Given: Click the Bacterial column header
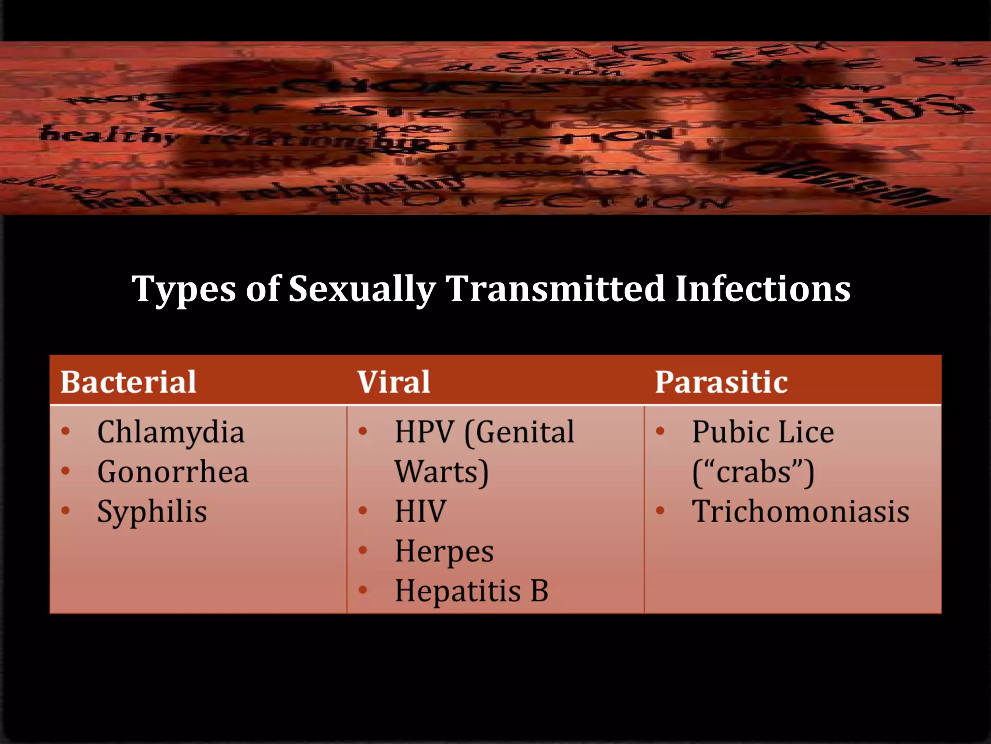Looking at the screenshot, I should click(128, 382).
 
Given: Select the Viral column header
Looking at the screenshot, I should click(393, 382).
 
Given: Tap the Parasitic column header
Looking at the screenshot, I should click(721, 382).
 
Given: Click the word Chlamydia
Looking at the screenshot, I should click(171, 432).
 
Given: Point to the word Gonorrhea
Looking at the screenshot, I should click(173, 472).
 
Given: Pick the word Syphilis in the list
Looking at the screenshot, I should click(152, 512).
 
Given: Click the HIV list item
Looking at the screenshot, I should click(420, 511).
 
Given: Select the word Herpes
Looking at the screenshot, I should click(444, 551).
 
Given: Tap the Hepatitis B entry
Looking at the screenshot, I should click(471, 591).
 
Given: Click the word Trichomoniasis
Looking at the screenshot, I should click(800, 511).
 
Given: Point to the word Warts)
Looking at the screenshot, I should click(441, 472).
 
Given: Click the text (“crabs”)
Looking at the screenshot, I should click(753, 472).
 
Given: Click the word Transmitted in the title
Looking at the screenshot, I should click(555, 289).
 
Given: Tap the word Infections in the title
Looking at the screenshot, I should click(762, 289).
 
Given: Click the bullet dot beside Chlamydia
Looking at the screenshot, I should click(66, 431).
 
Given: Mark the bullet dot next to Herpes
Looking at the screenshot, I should click(363, 550).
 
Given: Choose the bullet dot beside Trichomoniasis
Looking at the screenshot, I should click(660, 511).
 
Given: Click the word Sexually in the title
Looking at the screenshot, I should click(362, 290).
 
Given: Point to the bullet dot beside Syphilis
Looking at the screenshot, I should click(66, 511).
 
